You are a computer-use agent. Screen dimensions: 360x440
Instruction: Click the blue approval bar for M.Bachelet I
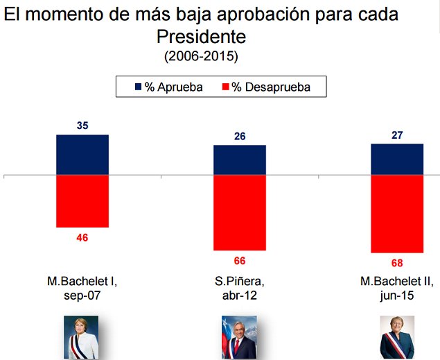tap(82, 155)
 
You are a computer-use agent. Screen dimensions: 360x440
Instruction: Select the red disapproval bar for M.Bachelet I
tap(82, 201)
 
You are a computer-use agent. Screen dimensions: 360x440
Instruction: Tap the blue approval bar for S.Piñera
tap(240, 160)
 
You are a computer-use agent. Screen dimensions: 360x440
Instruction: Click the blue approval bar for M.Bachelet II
tap(397, 160)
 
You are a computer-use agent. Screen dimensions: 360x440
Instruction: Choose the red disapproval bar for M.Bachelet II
tap(397, 214)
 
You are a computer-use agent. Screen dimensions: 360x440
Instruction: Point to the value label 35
tap(82, 126)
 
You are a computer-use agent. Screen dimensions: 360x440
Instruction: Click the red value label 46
tap(82, 237)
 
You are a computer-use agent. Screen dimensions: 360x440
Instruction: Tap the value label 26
tap(240, 137)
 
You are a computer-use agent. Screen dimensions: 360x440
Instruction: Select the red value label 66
tap(240, 261)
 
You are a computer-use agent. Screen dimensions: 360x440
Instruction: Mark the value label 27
tap(397, 135)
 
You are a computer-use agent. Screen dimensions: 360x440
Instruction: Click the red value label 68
tap(397, 263)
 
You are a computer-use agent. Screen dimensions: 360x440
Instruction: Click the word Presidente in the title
tap(201, 36)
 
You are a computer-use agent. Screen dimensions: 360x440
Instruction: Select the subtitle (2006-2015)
tap(201, 55)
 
